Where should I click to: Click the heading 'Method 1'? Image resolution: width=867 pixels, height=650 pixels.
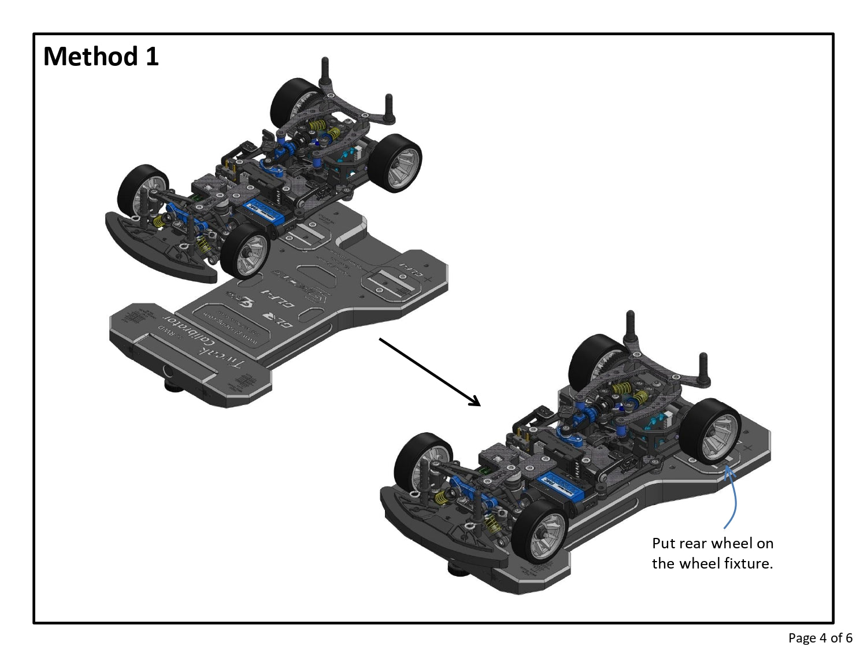click(101, 57)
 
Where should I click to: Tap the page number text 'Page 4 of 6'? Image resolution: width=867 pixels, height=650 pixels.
click(820, 638)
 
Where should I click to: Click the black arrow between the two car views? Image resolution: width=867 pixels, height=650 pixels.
click(429, 372)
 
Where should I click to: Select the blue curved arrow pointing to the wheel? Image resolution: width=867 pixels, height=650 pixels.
click(733, 497)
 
